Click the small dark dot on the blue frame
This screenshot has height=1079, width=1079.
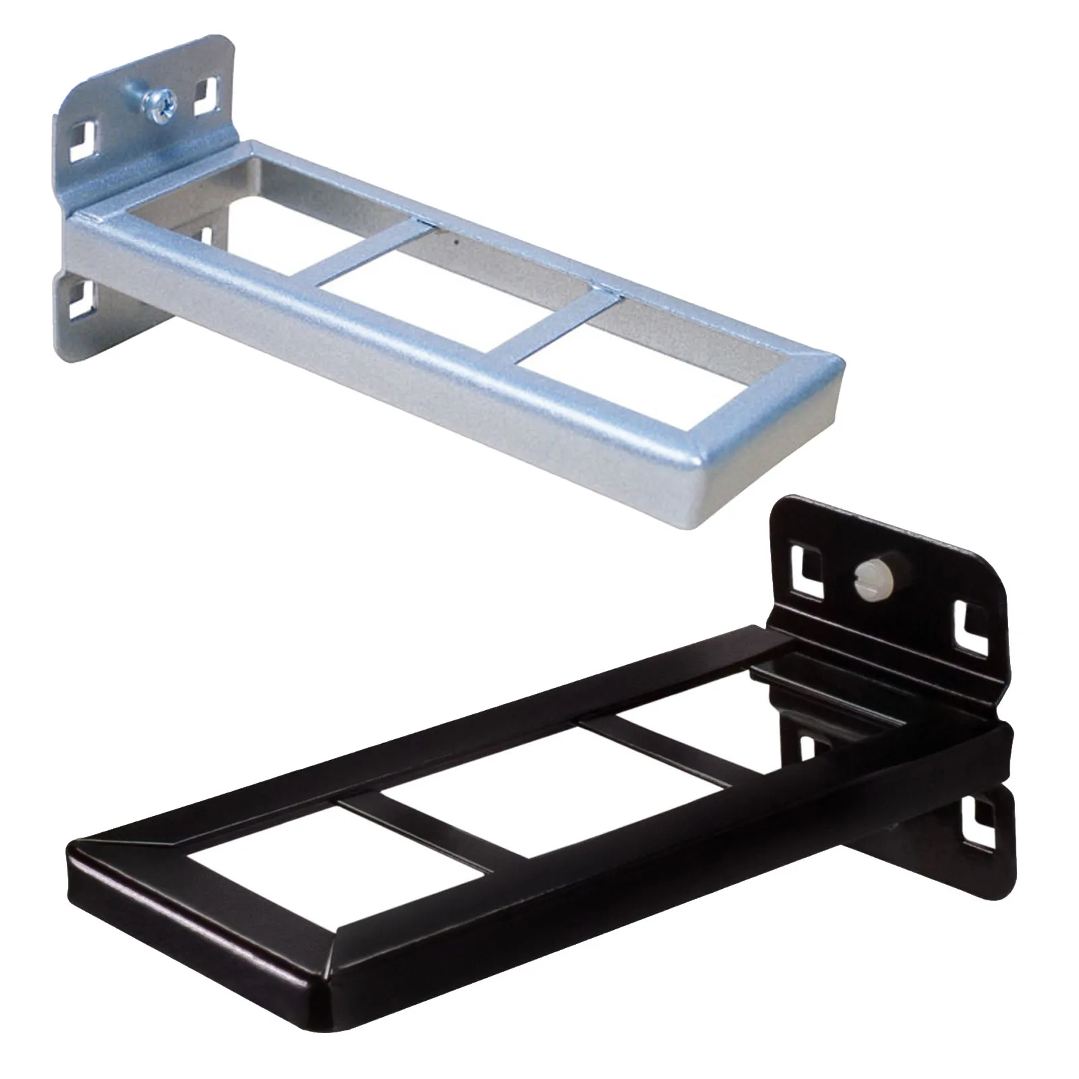(457, 240)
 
